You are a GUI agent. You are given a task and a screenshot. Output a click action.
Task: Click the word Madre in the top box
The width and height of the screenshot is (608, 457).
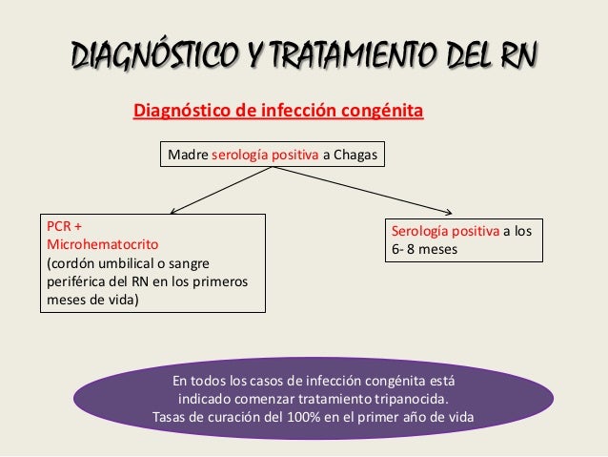[188, 153]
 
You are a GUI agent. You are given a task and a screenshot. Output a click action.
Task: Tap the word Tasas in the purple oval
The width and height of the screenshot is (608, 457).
[172, 417]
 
